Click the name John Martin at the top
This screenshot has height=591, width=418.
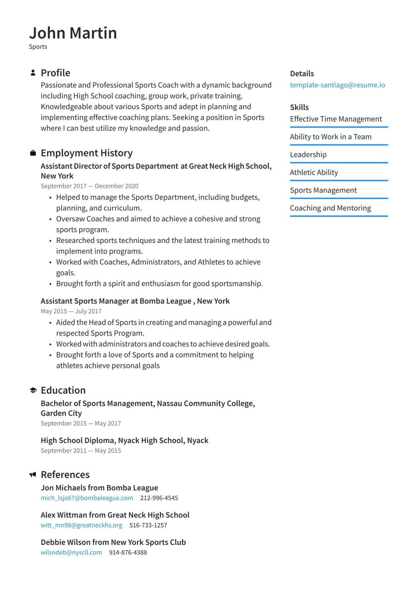[x=73, y=33]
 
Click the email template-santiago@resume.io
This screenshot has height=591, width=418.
[x=337, y=85]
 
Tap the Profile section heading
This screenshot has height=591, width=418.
[x=55, y=73]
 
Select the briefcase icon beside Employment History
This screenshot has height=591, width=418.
[x=33, y=153]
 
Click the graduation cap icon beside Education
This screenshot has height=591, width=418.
[x=33, y=390]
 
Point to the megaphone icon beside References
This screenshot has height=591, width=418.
[x=33, y=474]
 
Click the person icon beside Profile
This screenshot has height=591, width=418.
[x=33, y=73]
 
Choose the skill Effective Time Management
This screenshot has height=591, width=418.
[x=336, y=119]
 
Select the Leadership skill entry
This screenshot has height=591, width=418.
[x=308, y=155]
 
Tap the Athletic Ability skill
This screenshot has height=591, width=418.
[x=314, y=172]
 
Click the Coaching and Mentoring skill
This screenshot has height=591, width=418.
[x=330, y=208]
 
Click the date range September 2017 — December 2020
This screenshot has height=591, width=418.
[x=90, y=186]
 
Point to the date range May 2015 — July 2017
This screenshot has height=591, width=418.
[x=71, y=311]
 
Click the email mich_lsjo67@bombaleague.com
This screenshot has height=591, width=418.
[x=87, y=498]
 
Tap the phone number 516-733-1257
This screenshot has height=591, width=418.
[x=148, y=525]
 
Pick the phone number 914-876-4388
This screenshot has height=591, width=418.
[x=128, y=552]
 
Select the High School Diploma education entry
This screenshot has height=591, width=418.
[x=124, y=441]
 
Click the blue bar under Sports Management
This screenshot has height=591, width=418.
[x=339, y=198]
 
